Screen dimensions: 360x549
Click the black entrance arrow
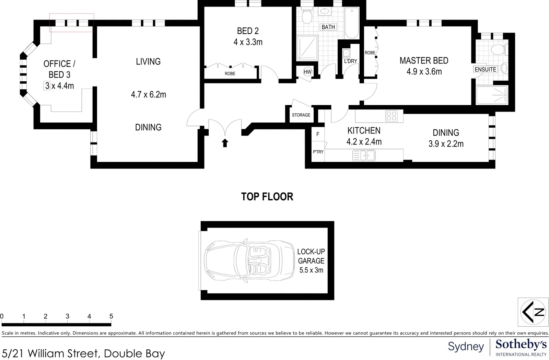225,143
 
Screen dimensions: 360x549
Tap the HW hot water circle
307,72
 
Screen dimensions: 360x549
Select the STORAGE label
301,115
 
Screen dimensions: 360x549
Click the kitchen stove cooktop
392,116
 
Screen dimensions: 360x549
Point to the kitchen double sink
364,156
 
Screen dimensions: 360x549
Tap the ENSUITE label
485,70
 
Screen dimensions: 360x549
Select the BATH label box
328,27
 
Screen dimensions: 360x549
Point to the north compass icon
533,312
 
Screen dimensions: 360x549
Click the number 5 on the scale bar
111,316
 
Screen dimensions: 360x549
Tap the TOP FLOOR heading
267,197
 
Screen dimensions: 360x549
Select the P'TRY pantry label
318,152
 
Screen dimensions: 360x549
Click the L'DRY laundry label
350,61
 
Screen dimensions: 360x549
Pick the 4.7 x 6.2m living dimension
148,95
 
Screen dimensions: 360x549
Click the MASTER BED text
424,61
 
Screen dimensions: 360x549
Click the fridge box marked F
318,134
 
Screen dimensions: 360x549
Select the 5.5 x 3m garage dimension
311,270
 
